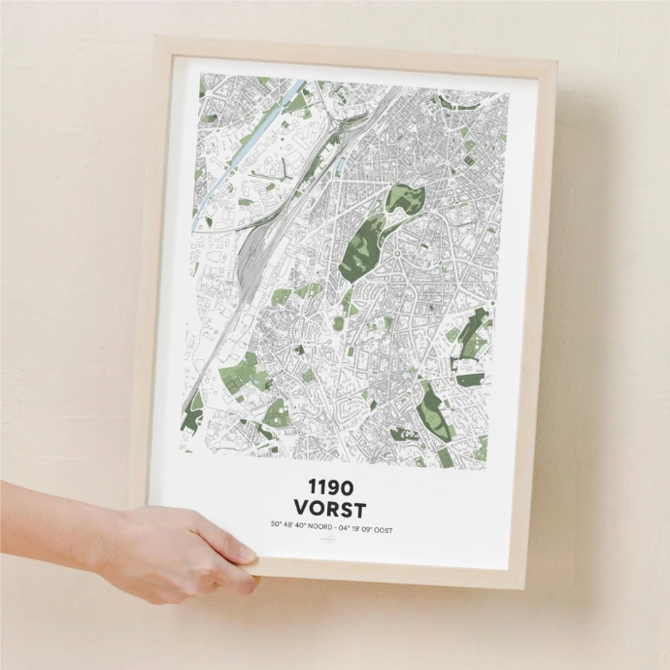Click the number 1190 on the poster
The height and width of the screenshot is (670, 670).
tap(331, 486)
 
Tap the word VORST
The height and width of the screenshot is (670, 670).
tap(331, 509)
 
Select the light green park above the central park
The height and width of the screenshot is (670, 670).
tap(404, 201)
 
